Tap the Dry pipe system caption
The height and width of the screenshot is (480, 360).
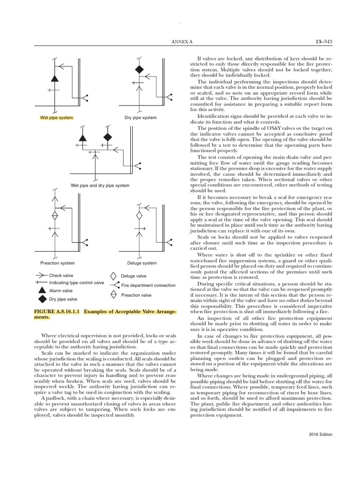click(x=140, y=118)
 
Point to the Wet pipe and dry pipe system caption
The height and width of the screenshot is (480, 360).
click(x=100, y=186)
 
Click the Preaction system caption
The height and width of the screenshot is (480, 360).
click(x=58, y=263)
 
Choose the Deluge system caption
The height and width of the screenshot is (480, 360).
click(x=142, y=263)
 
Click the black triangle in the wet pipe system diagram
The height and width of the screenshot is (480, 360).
click(x=54, y=78)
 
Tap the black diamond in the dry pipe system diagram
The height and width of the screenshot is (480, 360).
click(x=139, y=69)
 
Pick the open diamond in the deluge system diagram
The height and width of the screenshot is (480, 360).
click(x=139, y=216)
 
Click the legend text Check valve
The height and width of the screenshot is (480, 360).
click(x=61, y=276)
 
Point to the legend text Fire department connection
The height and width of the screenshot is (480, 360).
click(x=148, y=285)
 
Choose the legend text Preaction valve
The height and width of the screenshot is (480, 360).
click(x=136, y=295)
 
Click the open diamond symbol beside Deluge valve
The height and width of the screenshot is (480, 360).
click(x=113, y=276)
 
